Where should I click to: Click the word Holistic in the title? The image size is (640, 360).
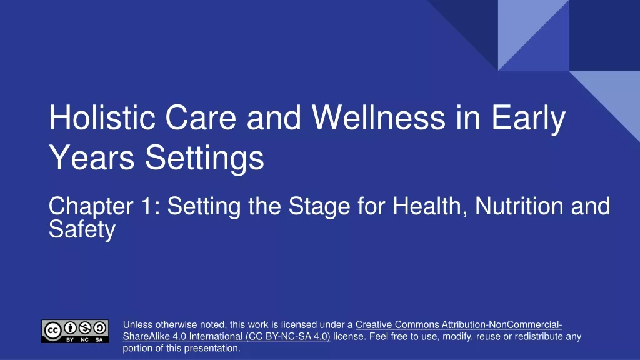tap(102, 117)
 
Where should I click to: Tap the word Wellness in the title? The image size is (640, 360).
tap(378, 117)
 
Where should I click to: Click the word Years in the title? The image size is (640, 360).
tap(92, 157)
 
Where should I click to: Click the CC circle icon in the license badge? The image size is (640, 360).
tap(52, 331)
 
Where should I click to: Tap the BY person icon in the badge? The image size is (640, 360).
tap(70, 327)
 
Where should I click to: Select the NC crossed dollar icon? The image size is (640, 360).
tap(85, 327)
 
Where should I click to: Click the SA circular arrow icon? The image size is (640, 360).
tap(99, 327)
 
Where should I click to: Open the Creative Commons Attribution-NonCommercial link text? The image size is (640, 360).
tap(459, 325)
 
